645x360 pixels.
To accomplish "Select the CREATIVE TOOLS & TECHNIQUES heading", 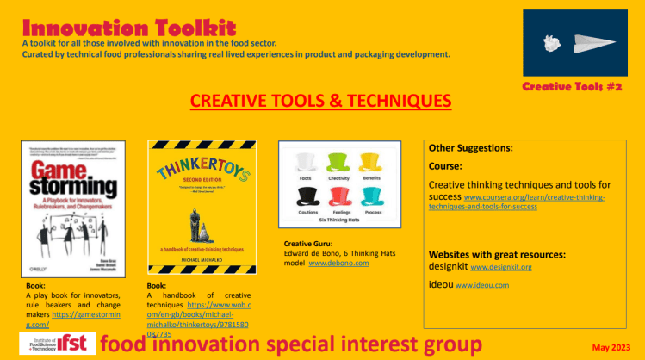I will [x=320, y=102].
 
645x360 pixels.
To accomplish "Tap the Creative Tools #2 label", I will [x=572, y=88].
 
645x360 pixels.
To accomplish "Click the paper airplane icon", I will [x=591, y=43].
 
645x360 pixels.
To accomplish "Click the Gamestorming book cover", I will [x=73, y=208].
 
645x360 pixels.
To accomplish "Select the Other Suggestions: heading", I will [x=470, y=148].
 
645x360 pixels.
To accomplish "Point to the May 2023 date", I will [x=612, y=347].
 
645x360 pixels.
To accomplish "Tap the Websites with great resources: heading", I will [x=498, y=254].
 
